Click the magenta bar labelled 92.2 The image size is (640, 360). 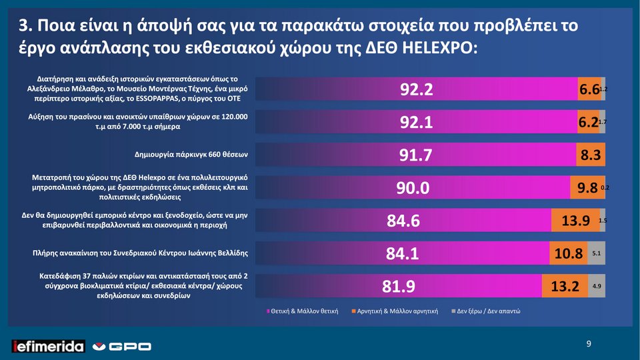(x=417, y=90)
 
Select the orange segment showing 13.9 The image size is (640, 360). (x=575, y=220)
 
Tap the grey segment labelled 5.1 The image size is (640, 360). (x=597, y=253)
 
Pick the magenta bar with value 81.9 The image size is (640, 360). (x=400, y=287)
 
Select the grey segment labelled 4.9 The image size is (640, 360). (x=597, y=287)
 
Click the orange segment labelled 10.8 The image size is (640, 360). (x=569, y=253)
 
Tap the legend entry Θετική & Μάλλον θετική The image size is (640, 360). (x=303, y=311)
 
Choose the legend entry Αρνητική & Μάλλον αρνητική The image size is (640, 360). (x=396, y=311)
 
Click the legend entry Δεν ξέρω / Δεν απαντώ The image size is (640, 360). (x=487, y=311)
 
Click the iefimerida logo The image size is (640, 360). (x=49, y=346)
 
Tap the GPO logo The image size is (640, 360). (x=121, y=346)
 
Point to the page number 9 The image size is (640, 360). (x=588, y=344)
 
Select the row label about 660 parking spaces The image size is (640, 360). (x=191, y=155)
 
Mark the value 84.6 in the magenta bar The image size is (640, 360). (x=403, y=220)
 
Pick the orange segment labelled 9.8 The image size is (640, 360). (x=584, y=189)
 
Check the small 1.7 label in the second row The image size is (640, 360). (x=603, y=123)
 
